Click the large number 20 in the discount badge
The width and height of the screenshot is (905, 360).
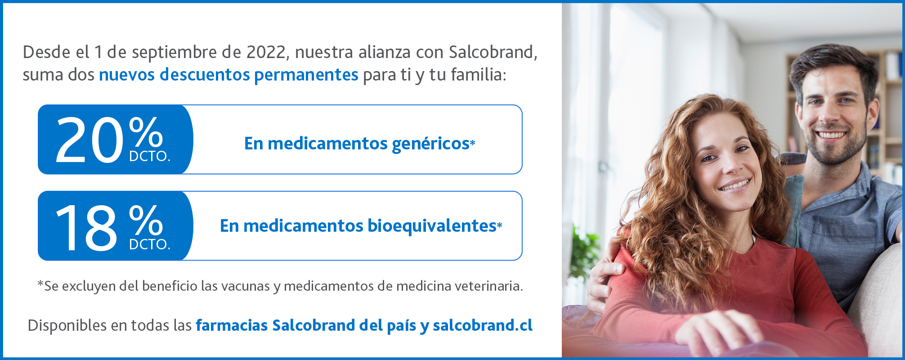(89, 139)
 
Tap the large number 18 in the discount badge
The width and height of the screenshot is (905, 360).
(86, 228)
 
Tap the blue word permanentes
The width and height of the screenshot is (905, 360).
(306, 75)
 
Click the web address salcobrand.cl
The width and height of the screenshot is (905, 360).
(483, 325)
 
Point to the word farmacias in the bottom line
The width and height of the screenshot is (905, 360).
(232, 325)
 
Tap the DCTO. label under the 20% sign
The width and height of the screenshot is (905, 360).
(150, 157)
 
